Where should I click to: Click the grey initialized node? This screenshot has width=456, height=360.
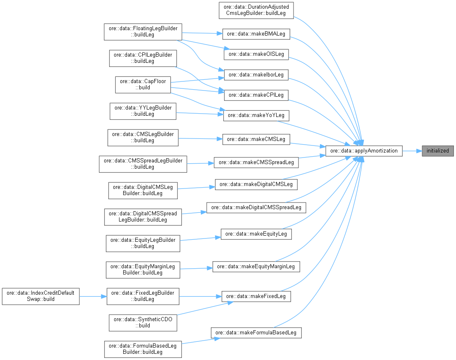click(437, 151)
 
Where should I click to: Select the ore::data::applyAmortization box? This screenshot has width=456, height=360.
click(364, 151)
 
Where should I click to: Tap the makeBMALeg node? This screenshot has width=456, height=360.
click(256, 33)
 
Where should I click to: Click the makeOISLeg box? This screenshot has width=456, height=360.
click(256, 54)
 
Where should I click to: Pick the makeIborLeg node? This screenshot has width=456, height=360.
click(256, 75)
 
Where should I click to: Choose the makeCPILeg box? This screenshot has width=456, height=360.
click(256, 95)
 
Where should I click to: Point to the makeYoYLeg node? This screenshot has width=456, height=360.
click(256, 115)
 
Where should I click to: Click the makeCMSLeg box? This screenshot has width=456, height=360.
click(256, 139)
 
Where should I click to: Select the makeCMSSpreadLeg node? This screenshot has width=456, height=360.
click(256, 162)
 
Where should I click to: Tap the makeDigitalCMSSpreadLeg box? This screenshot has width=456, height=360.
click(256, 207)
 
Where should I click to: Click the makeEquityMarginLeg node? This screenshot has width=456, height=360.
click(256, 267)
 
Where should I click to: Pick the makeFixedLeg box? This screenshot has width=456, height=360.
click(256, 296)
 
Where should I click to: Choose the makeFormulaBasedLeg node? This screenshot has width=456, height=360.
click(256, 332)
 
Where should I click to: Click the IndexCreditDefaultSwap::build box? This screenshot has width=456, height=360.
click(41, 296)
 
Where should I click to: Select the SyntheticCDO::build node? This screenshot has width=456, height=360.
click(143, 322)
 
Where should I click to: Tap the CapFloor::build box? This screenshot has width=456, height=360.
click(143, 84)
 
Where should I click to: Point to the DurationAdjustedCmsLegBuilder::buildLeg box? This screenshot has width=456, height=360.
click(256, 10)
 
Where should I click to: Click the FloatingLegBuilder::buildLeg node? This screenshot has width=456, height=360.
click(143, 31)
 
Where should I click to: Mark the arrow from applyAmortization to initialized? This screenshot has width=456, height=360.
click(412, 151)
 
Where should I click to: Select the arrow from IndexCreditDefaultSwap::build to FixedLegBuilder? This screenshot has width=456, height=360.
click(93, 296)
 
